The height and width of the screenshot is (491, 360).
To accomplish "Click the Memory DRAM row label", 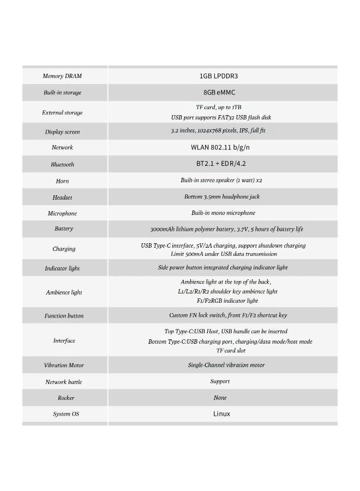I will pos(62,76).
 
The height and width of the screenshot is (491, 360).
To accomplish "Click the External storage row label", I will pos(62,113).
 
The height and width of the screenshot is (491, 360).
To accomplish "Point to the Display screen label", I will pos(62,132).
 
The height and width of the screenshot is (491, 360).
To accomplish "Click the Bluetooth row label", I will pos(62,164).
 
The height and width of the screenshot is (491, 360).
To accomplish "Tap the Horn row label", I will pos(62,181).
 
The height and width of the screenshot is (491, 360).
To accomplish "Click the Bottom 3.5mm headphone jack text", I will pos(222,197).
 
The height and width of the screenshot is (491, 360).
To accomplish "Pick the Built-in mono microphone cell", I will pos(223,213).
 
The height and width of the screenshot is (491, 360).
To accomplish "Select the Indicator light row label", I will pos(62,268).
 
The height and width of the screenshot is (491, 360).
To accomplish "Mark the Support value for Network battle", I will pos(220,381).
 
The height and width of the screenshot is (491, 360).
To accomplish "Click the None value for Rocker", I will pos(220,398).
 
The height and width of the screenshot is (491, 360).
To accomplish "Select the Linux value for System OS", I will pos(221,414).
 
